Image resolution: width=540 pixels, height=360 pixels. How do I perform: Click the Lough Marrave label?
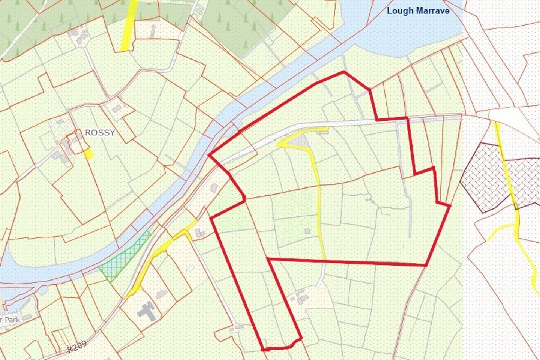[418, 10]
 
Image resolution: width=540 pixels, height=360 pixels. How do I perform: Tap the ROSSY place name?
[99, 133]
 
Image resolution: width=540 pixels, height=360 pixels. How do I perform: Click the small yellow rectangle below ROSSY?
[88, 154]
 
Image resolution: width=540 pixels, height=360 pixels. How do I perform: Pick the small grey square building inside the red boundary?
[307, 231]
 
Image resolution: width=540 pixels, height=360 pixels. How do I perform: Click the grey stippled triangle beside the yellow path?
[301, 141]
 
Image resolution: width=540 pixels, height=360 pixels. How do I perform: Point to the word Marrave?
[432, 10]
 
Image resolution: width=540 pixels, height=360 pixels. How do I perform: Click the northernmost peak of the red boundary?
[344, 71]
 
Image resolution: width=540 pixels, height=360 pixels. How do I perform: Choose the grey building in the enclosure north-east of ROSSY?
[117, 109]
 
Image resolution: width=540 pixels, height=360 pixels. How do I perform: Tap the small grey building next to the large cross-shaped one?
[161, 294]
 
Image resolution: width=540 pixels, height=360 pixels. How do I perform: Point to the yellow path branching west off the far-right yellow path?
[501, 229]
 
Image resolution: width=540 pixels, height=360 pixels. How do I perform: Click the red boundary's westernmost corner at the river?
[209, 155]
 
